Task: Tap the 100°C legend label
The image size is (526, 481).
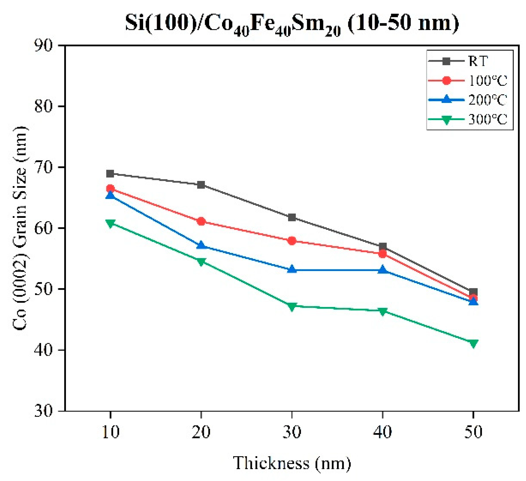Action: tap(487, 81)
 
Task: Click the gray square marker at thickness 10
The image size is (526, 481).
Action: tap(110, 173)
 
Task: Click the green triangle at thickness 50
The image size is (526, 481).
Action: tap(473, 344)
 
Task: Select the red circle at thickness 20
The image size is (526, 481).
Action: tap(201, 222)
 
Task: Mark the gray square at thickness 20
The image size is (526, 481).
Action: tap(201, 185)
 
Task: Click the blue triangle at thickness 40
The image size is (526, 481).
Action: tap(383, 269)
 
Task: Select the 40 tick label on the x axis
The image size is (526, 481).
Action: tap(383, 432)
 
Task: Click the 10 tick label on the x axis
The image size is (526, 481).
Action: tap(111, 432)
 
